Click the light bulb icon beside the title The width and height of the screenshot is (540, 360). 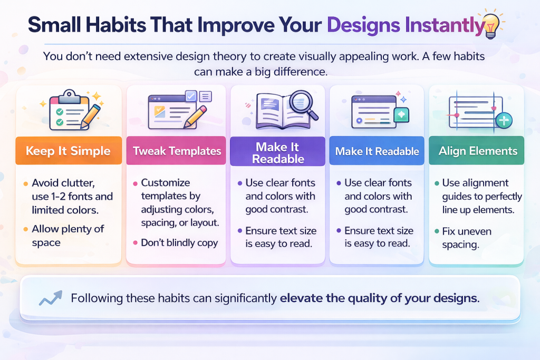click(x=491, y=25)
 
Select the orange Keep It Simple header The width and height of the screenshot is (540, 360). click(x=69, y=151)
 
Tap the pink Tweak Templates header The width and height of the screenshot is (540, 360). click(x=176, y=151)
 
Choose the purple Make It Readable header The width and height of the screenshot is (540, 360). click(x=277, y=151)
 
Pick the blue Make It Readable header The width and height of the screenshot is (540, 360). click(x=377, y=151)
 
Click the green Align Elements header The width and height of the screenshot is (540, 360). click(x=476, y=151)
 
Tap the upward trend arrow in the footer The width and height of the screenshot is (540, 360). click(x=51, y=298)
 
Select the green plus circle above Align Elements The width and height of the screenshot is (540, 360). click(x=504, y=121)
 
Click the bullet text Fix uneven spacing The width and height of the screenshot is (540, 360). click(x=467, y=238)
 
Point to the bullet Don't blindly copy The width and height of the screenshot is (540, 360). click(x=179, y=242)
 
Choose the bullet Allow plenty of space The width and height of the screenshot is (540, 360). click(x=68, y=236)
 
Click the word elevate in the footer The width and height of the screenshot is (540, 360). click(x=301, y=298)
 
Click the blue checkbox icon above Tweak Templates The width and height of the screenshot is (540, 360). click(x=191, y=96)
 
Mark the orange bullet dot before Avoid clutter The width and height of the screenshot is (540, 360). click(x=25, y=184)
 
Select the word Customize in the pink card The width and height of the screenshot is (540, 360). click(x=165, y=182)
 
